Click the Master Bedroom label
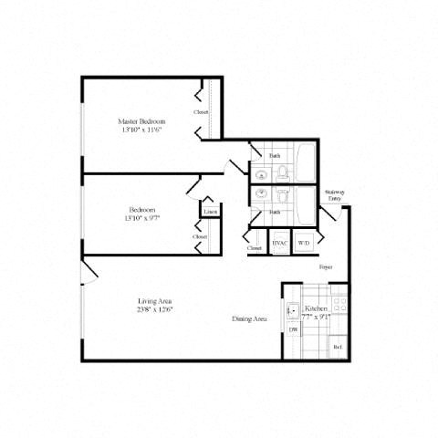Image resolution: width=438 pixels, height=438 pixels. [x=141, y=120]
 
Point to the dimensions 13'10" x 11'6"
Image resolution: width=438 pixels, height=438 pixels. [x=141, y=130]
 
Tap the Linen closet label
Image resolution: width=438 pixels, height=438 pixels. [x=210, y=212]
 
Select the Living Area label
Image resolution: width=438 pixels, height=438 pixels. [x=155, y=301]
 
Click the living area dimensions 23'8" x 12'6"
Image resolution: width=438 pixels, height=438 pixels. [x=155, y=310]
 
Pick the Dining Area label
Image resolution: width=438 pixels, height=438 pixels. [x=248, y=319]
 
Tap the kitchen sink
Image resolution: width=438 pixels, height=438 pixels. [x=292, y=311]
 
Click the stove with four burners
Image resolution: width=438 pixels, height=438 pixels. [x=339, y=304]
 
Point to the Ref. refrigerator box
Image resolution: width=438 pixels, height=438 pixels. [x=338, y=347]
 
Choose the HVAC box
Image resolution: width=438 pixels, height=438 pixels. [x=279, y=244]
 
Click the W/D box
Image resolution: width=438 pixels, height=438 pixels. [x=304, y=244]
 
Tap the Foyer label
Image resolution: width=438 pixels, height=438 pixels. [x=325, y=267]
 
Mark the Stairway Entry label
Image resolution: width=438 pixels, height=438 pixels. [x=334, y=195]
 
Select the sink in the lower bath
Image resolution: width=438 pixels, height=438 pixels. [x=262, y=193]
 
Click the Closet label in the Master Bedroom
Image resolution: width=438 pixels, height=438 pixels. [x=202, y=112]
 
